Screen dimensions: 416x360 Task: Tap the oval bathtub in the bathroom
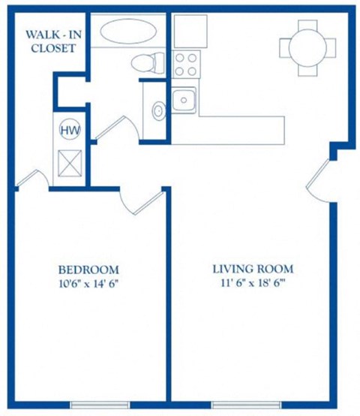[127, 33]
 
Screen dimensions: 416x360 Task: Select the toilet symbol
[145, 63]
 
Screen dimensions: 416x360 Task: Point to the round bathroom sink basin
[158, 111]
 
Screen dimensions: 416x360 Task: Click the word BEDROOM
[88, 270]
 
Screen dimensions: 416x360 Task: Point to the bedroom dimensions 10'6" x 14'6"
[88, 284]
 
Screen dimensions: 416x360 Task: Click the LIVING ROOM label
[253, 269]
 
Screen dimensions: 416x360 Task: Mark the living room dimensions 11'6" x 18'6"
[253, 284]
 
